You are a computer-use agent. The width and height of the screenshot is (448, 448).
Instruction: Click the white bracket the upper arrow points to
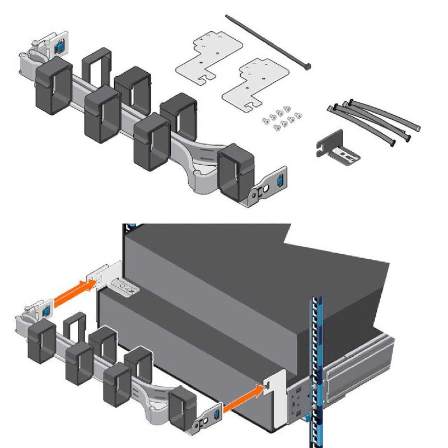tap(106, 274)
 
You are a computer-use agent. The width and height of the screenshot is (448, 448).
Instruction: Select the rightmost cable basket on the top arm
tap(235, 171)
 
